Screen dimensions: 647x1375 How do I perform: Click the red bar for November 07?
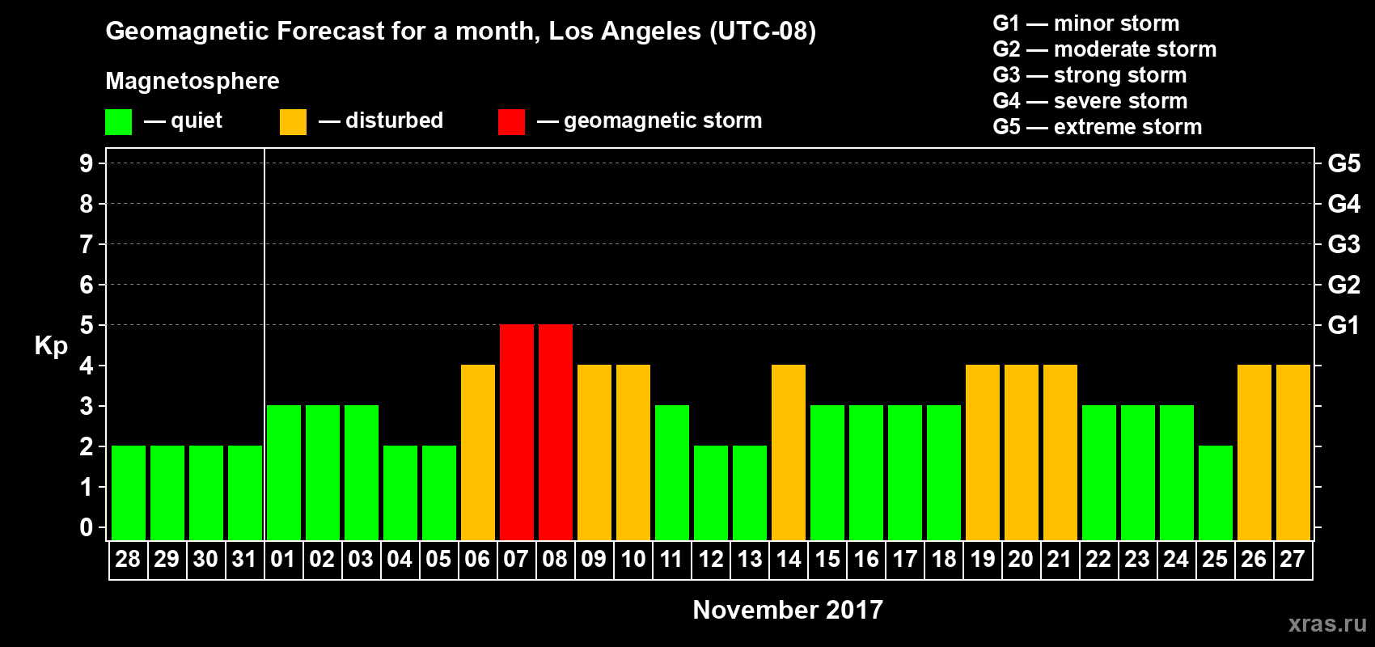[x=517, y=432]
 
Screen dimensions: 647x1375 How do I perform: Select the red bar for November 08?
[x=556, y=432]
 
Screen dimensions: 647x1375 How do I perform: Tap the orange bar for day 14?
[x=789, y=452]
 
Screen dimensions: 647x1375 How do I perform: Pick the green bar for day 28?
[x=129, y=493]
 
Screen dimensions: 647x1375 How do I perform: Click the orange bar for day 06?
[x=478, y=452]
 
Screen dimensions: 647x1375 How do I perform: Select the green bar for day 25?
[x=1216, y=493]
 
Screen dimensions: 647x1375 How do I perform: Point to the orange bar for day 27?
[x=1293, y=452]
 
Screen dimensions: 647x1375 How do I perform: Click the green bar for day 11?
[x=672, y=472]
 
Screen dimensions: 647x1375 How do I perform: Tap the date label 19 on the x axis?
[x=983, y=559]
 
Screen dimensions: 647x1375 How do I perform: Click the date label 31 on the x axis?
[x=244, y=559]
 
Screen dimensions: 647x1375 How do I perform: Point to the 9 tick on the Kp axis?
[x=87, y=163]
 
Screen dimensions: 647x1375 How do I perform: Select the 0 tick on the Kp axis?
[x=87, y=527]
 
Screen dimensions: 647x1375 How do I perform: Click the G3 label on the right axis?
[x=1343, y=244]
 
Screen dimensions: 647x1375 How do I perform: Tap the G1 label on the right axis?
[x=1343, y=325]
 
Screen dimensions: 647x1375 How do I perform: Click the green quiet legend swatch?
[x=118, y=122]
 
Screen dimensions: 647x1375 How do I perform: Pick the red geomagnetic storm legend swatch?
[x=511, y=122]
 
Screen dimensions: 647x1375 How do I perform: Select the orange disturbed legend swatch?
[x=293, y=122]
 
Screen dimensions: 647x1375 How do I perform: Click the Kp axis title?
[x=51, y=346]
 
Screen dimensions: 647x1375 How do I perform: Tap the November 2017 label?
[x=788, y=610]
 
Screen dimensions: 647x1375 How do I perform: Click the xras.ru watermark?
[x=1327, y=624]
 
